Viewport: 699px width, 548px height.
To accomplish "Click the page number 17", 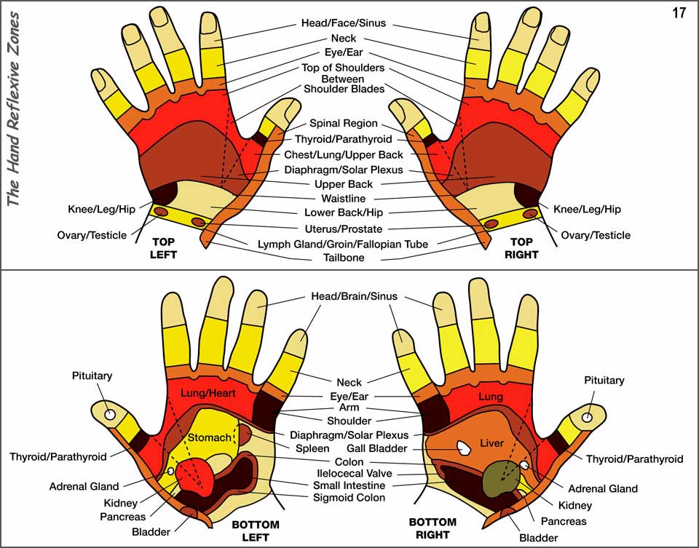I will point(678,14).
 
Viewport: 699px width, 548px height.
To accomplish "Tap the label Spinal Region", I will point(344,124).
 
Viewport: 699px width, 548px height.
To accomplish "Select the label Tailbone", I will point(344,258).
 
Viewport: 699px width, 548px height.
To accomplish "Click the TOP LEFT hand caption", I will point(165,247).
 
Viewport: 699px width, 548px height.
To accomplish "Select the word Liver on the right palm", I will point(492,443).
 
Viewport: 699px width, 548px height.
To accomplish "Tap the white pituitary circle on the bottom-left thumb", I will point(111,414).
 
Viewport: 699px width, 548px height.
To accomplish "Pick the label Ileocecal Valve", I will point(342,473).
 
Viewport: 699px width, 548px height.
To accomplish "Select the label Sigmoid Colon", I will point(349,499).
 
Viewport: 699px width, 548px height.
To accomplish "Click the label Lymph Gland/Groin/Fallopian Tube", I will point(343,245).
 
